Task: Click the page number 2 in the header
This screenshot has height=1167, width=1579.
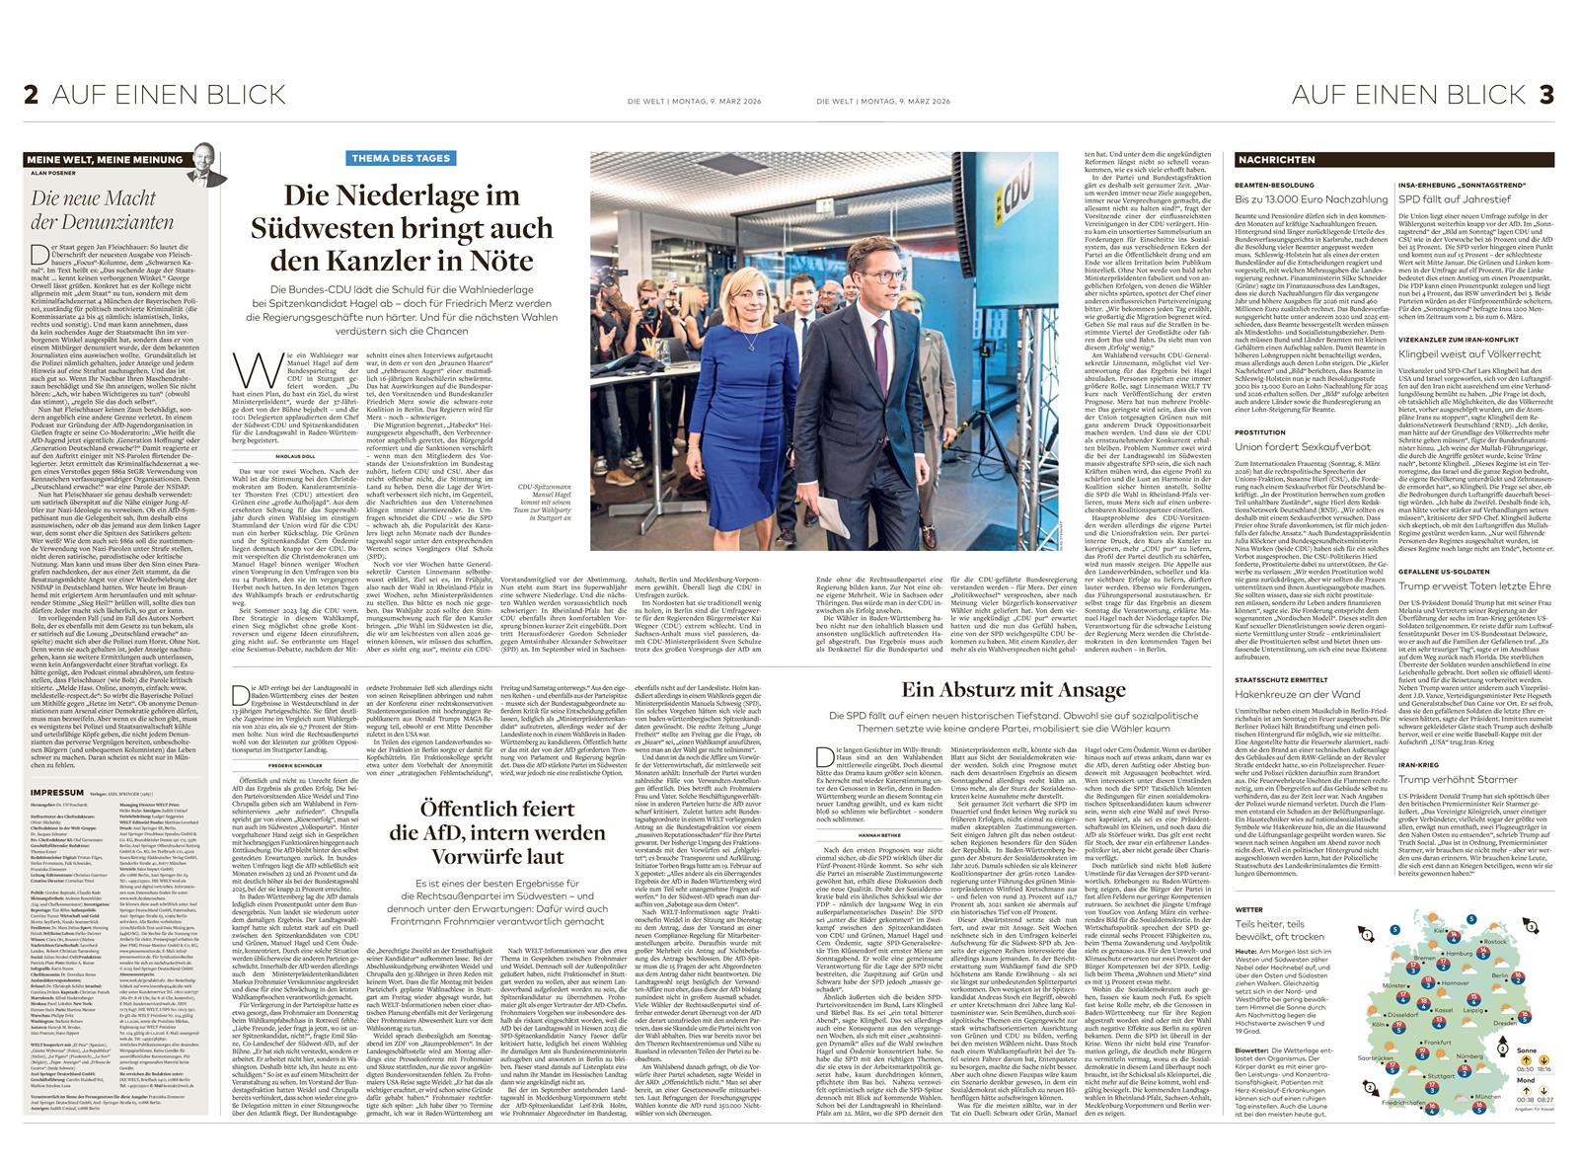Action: coord(32,95)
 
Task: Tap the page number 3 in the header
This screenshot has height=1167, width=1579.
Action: coord(1545,95)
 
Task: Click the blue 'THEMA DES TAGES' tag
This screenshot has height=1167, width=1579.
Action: coord(401,158)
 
